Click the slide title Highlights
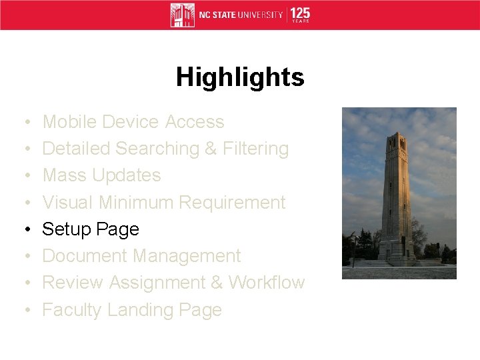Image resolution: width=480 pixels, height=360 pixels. tap(240, 78)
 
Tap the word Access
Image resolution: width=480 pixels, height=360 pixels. tap(195, 122)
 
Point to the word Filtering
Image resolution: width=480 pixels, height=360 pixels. tap(256, 149)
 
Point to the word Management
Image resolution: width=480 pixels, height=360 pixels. tap(187, 256)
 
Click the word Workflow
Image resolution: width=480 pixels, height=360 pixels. tap(267, 283)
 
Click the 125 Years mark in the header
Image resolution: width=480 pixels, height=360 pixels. tap(301, 15)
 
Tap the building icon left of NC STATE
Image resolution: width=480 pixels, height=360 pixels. tap(182, 15)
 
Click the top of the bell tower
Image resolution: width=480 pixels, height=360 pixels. tap(398, 135)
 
